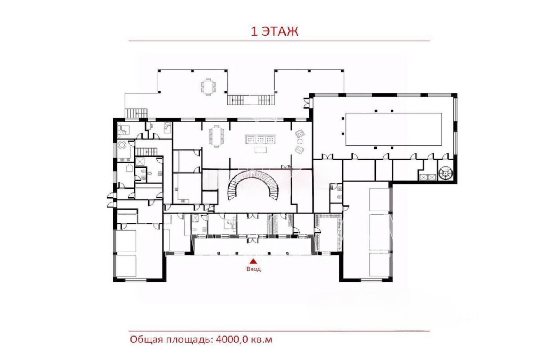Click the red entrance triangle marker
pyautogui.click(x=253, y=261)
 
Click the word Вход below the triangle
pyautogui.click(x=254, y=269)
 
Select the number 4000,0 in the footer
pyautogui.click(x=232, y=340)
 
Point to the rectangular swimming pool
pyautogui.click(x=394, y=129)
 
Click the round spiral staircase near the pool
pyautogui.click(x=446, y=173)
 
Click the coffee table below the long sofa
pyautogui.click(x=261, y=150)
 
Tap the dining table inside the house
pyautogui.click(x=216, y=136)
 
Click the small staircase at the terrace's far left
pyautogui.click(x=136, y=113)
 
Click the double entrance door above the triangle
pyautogui.click(x=251, y=240)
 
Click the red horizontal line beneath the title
pyautogui.click(x=279, y=41)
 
